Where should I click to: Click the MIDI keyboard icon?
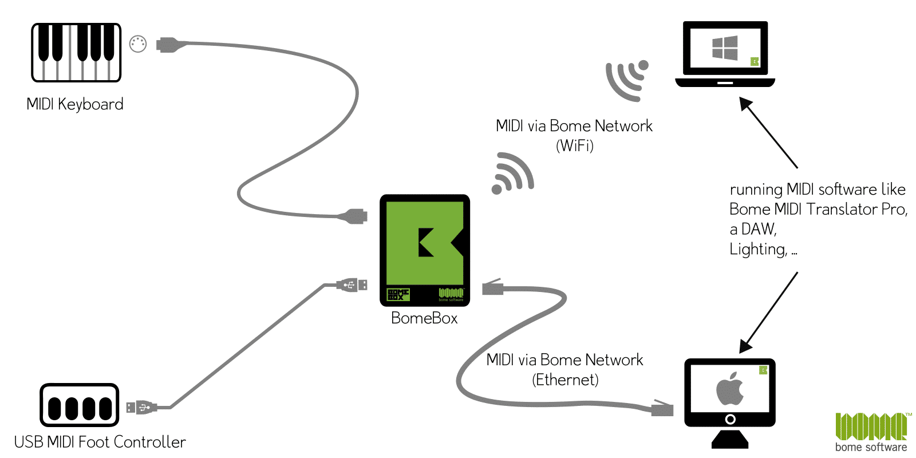coord(77,52)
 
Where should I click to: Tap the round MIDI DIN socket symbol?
coord(138,44)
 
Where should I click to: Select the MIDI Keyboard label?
coord(75,104)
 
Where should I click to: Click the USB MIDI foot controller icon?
coord(80,405)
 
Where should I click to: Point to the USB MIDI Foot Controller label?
coord(100,442)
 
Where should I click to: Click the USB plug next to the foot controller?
coord(141,407)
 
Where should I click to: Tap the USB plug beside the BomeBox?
coord(352,285)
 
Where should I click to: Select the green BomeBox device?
coord(424,250)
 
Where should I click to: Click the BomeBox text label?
coord(424,318)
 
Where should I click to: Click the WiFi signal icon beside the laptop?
coord(627,81)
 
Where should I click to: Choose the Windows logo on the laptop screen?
coord(725,48)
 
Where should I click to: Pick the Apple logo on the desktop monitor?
coord(729,389)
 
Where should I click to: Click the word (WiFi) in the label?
coord(575,146)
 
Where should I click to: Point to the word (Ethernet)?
coord(565,380)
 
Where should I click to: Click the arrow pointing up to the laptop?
coord(768,132)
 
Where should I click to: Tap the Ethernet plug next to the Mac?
coord(662,408)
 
